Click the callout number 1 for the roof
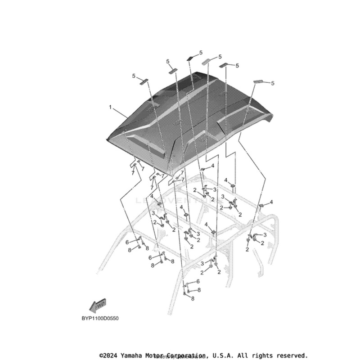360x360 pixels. [110, 108]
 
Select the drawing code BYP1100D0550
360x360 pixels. [100, 318]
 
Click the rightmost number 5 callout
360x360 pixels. [285, 83]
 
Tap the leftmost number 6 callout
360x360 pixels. [126, 242]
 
